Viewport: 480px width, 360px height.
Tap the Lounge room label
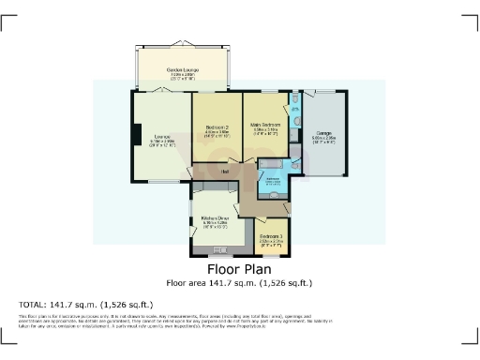[162, 141]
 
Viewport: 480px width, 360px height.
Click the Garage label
[323, 135]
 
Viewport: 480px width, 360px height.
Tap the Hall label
[226, 172]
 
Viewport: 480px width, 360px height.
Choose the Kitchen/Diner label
[216, 222]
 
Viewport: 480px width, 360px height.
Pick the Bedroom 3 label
[271, 238]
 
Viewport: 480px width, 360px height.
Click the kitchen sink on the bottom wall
[223, 250]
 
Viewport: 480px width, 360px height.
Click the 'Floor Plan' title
[238, 269]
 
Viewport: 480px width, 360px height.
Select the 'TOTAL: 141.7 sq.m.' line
[85, 305]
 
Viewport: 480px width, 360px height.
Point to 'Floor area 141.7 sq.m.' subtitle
[238, 282]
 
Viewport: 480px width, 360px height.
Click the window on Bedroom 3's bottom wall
[272, 255]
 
